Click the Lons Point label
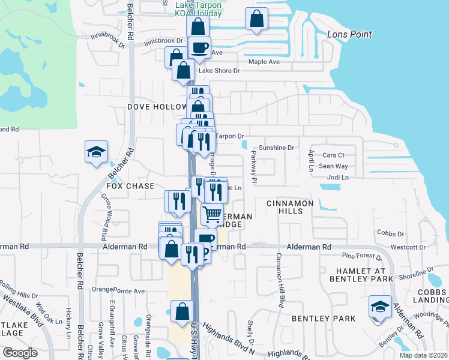349,34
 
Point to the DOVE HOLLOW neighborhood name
157,107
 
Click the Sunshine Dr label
276,148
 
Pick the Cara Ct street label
333,155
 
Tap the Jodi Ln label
338,178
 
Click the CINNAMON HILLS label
287,204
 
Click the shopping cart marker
212,214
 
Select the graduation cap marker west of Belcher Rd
95,152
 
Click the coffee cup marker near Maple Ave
199,47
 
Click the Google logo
20,353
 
